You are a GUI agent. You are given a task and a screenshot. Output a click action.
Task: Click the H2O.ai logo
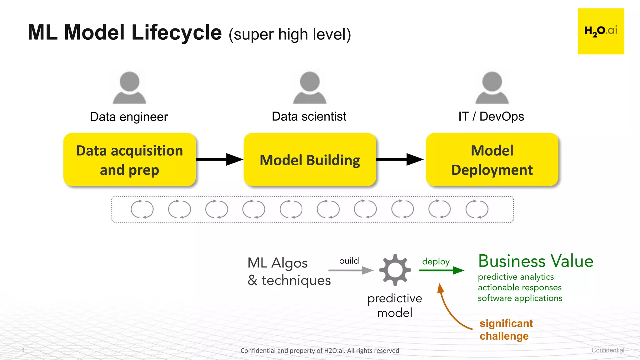(x=601, y=31)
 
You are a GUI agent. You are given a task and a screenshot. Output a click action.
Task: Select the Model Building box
(x=310, y=160)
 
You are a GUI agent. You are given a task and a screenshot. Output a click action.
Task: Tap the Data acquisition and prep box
(x=129, y=160)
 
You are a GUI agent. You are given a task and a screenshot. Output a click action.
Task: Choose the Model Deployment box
(x=492, y=160)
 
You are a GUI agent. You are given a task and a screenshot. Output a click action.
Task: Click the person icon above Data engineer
(x=129, y=87)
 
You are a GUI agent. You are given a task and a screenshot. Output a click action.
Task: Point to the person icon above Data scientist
(x=310, y=87)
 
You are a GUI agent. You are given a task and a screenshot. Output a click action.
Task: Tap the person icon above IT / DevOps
(x=492, y=87)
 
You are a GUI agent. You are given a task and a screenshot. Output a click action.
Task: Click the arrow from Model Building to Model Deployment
(x=400, y=159)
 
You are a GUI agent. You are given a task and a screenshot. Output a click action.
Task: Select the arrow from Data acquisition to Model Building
(x=219, y=159)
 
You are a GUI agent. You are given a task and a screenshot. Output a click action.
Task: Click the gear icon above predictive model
(x=395, y=270)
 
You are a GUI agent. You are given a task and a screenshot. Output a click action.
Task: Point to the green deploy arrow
(x=441, y=270)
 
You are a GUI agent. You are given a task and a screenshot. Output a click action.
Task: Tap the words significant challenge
(x=506, y=330)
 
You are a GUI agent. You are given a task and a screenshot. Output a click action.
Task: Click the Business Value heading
(x=536, y=261)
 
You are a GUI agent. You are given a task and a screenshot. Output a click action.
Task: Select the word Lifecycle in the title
(x=177, y=32)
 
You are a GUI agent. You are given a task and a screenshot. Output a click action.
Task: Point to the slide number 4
(x=23, y=350)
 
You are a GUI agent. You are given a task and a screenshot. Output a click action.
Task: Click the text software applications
(x=520, y=298)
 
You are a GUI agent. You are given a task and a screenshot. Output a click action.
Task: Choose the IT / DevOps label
(x=491, y=117)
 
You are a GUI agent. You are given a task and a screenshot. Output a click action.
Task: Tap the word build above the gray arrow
(x=349, y=261)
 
